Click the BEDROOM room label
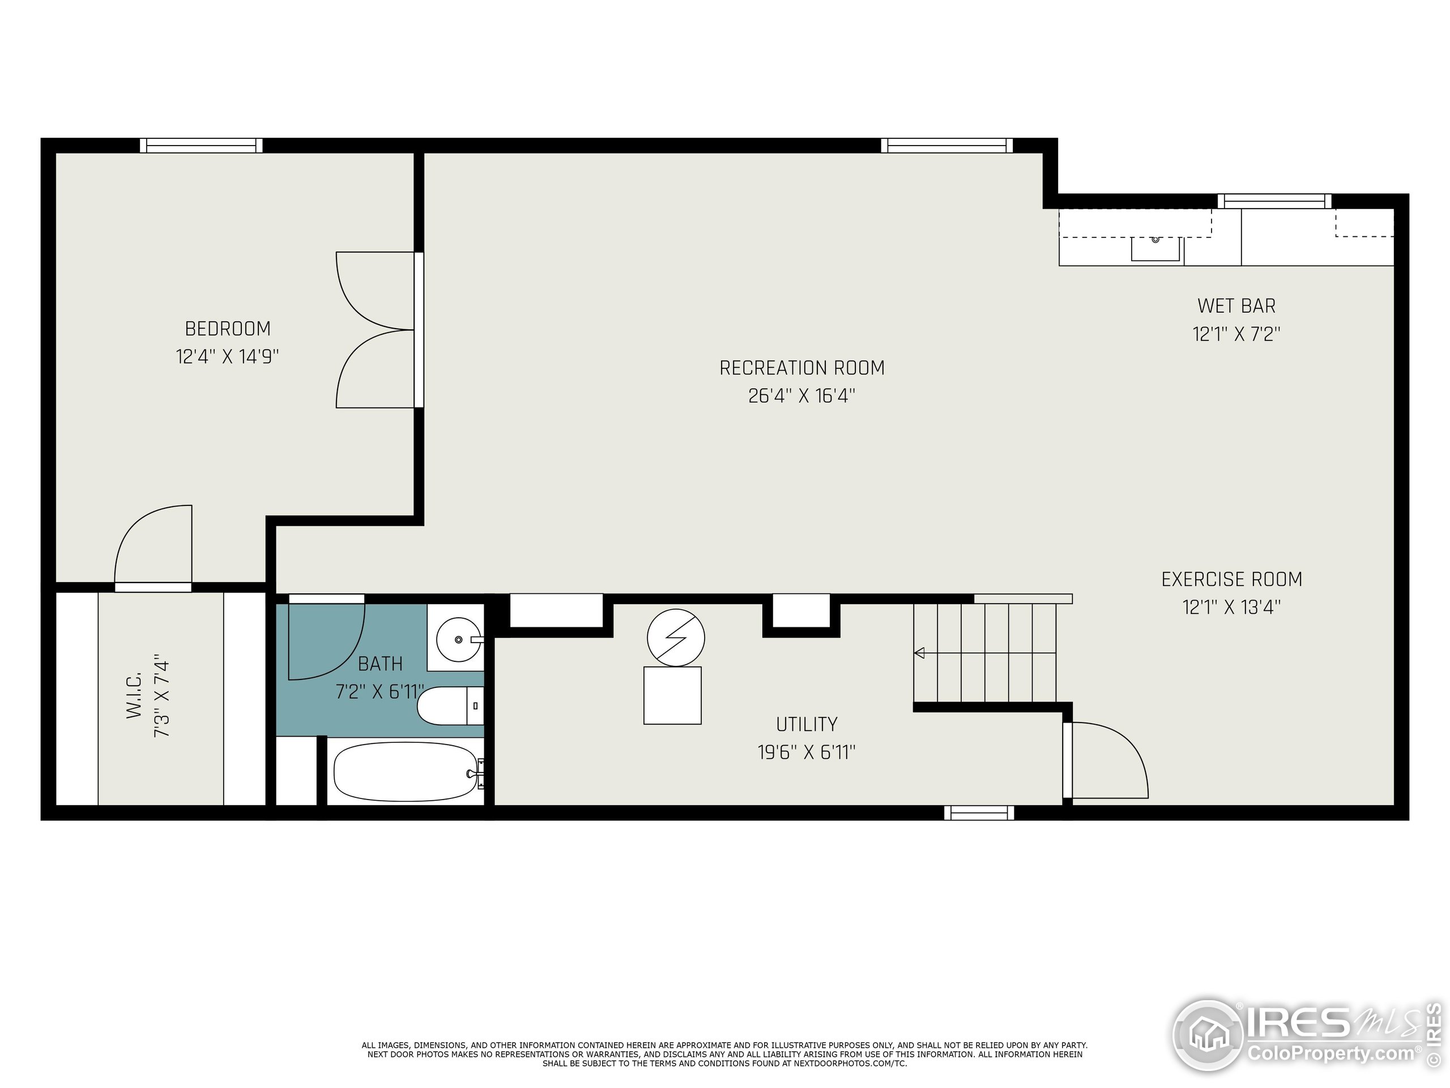[228, 328]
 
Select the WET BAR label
[1236, 305]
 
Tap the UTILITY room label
[807, 724]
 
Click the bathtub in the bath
[405, 771]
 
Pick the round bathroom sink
[458, 639]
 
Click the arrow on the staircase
[920, 653]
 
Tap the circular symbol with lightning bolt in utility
[675, 637]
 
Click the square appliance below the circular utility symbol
[672, 695]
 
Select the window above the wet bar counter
[1274, 201]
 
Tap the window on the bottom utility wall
[979, 813]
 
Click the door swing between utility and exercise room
[1108, 760]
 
